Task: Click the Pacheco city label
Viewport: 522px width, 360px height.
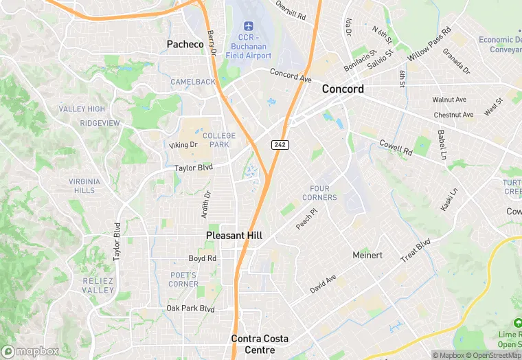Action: tap(185, 44)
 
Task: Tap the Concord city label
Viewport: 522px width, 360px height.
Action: tap(343, 89)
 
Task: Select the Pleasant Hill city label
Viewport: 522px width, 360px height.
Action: tap(234, 235)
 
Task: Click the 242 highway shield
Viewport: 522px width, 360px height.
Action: tap(280, 144)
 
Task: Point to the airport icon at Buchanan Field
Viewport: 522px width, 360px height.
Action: tap(249, 27)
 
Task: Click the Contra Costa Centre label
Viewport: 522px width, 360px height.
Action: tap(260, 344)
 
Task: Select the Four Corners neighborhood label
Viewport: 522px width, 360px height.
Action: tap(320, 193)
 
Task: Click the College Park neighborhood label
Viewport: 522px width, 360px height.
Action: tap(219, 140)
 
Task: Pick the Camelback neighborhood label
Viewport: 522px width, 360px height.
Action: tap(193, 82)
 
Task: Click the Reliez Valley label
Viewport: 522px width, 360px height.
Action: tap(98, 285)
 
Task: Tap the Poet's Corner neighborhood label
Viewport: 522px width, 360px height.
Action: tap(183, 279)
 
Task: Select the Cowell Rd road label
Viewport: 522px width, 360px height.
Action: tap(396, 146)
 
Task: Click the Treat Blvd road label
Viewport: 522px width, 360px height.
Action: tap(416, 249)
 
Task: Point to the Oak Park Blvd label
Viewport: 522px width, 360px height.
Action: tap(190, 308)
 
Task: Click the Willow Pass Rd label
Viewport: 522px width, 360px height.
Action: tap(429, 43)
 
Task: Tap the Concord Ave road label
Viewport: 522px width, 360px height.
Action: tap(291, 74)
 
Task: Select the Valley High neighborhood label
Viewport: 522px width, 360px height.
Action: tap(82, 109)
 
